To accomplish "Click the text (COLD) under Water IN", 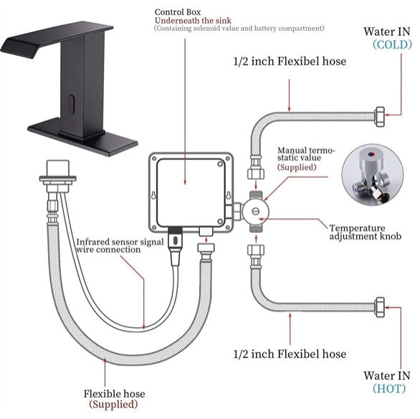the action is pyautogui.click(x=392, y=44).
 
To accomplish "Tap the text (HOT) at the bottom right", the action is pyautogui.click(x=389, y=388).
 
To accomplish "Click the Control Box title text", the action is pyautogui.click(x=178, y=12).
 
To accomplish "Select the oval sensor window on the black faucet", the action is pyautogui.click(x=71, y=104).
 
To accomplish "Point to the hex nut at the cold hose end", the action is pyautogui.click(x=380, y=117).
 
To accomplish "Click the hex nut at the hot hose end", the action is pyautogui.click(x=380, y=307).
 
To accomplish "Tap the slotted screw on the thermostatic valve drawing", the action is pyautogui.click(x=256, y=211).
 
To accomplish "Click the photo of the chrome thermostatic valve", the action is pyautogui.click(x=372, y=175).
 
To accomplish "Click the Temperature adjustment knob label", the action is pyautogui.click(x=366, y=232).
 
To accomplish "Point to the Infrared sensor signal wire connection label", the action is pyautogui.click(x=120, y=245).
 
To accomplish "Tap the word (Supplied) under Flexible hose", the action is pyautogui.click(x=113, y=404).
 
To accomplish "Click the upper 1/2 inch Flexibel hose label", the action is pyautogui.click(x=290, y=62).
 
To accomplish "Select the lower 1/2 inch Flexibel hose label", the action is pyautogui.click(x=290, y=354).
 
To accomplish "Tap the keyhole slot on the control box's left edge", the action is pyautogui.click(x=153, y=195).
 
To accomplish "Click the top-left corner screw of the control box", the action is pyautogui.click(x=154, y=159).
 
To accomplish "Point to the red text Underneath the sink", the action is pyautogui.click(x=193, y=21).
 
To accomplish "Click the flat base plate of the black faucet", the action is pyautogui.click(x=82, y=137).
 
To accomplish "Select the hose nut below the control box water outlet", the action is pyautogui.click(x=206, y=248).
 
